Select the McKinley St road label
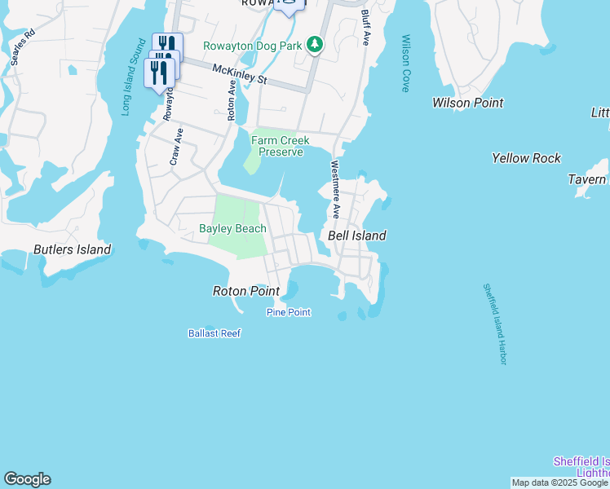click(240, 75)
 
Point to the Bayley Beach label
click(232, 229)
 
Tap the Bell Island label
click(356, 236)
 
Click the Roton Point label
click(245, 291)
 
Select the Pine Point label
click(288, 312)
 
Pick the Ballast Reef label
click(214, 333)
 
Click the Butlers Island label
click(72, 249)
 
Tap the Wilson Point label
click(467, 103)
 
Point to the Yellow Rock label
click(526, 158)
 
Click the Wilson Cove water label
click(405, 64)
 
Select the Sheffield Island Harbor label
click(495, 324)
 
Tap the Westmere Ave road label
click(335, 189)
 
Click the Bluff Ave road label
click(365, 28)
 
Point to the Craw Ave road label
click(175, 147)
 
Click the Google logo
click(27, 479)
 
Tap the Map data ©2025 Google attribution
click(560, 482)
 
